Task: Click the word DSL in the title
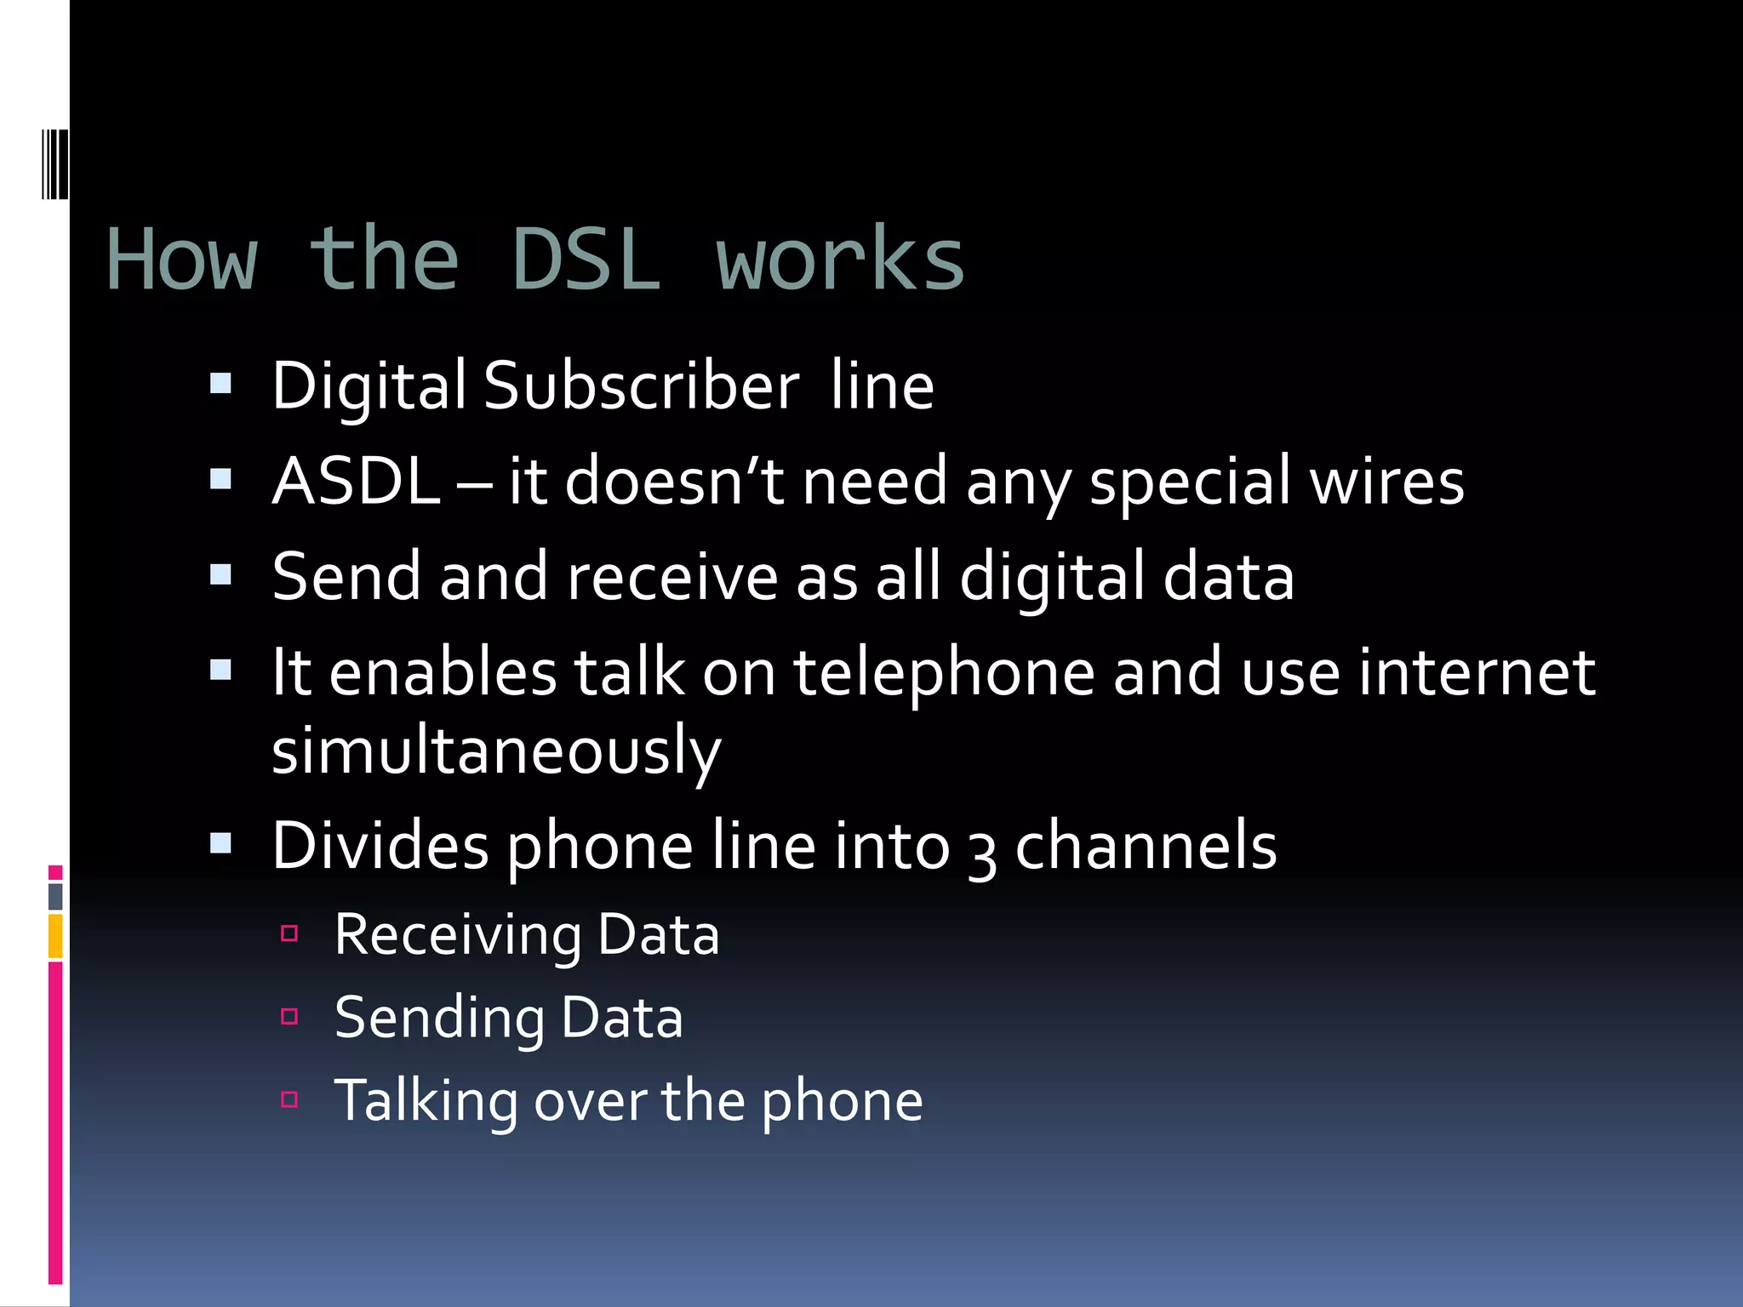(586, 260)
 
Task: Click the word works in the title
(840, 260)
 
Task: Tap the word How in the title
(181, 260)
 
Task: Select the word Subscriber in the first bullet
(641, 385)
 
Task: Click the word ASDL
(356, 482)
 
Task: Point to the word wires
(1386, 482)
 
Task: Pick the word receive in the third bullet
(672, 577)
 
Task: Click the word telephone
(944, 673)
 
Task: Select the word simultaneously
(496, 751)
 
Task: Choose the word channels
(1146, 846)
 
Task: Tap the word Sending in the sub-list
(439, 1019)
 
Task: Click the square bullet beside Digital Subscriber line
(220, 384)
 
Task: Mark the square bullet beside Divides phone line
(220, 843)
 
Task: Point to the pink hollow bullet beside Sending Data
(289, 1016)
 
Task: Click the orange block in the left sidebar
(55, 936)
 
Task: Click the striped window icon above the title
(55, 164)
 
